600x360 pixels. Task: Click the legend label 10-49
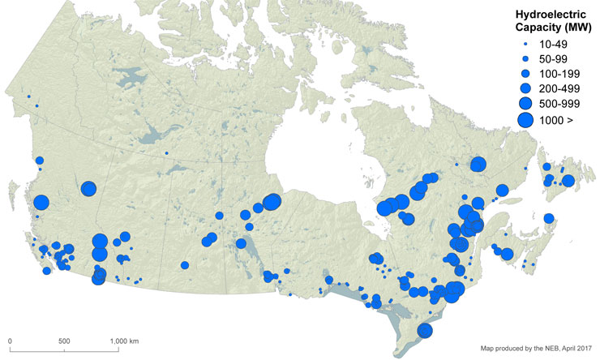pos(546,44)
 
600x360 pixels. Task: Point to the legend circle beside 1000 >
pos(525,120)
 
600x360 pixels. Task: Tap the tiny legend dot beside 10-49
pos(525,44)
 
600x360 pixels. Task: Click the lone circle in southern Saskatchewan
pos(185,265)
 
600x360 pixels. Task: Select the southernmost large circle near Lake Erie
pos(423,330)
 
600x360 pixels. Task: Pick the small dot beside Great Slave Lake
pos(166,152)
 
